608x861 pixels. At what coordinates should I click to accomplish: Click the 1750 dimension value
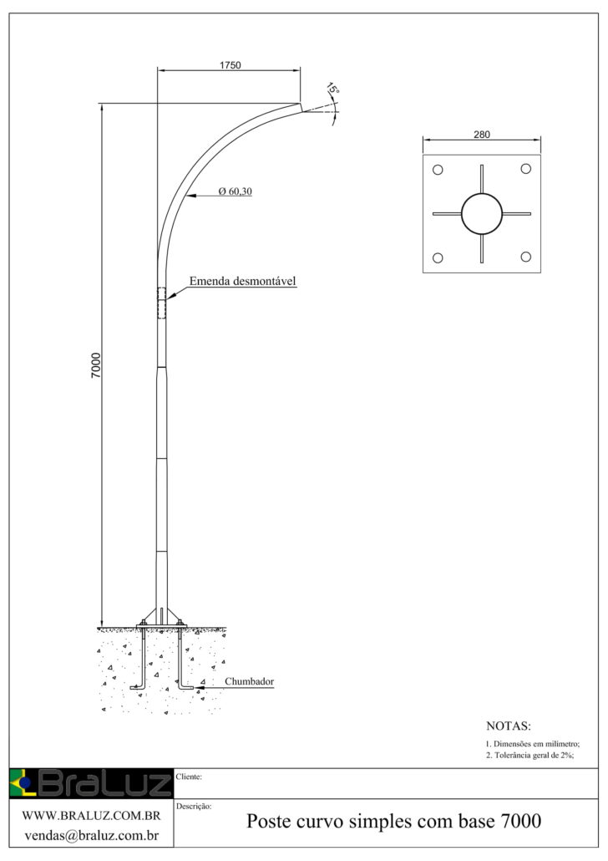click(231, 65)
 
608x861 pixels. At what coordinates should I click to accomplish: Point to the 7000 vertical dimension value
click(95, 365)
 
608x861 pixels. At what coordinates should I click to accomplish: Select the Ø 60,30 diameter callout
click(235, 191)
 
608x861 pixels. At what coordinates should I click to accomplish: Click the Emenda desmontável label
click(243, 281)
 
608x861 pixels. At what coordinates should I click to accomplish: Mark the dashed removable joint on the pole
click(160, 303)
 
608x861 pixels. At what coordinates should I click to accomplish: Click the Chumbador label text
click(249, 681)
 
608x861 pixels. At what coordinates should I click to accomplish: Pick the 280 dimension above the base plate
click(481, 134)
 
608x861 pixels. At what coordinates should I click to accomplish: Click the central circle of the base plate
click(481, 214)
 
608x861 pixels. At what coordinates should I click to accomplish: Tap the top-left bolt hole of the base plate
click(437, 170)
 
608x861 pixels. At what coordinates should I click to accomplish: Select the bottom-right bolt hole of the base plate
click(526, 257)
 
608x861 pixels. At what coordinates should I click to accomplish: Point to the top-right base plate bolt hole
click(526, 170)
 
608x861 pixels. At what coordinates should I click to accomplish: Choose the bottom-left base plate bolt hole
click(437, 257)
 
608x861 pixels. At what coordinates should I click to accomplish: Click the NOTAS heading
click(509, 726)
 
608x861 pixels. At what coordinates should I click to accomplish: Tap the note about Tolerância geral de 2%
click(530, 755)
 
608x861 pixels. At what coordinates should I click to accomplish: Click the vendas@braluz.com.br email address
click(91, 835)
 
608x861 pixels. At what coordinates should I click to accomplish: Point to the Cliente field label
click(190, 777)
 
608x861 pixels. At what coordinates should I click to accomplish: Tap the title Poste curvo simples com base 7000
click(393, 822)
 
